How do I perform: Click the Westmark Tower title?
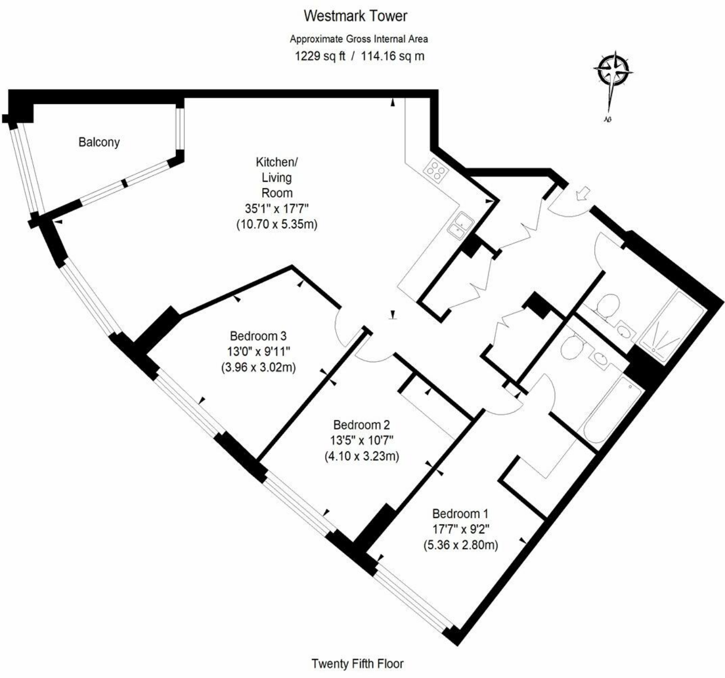pyautogui.click(x=355, y=16)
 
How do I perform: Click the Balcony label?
pyautogui.click(x=99, y=142)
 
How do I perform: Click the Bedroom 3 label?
pyautogui.click(x=258, y=336)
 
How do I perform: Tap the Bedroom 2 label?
pyautogui.click(x=361, y=425)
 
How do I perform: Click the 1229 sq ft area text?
pyautogui.click(x=321, y=56)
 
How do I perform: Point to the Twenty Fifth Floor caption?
pyautogui.click(x=357, y=664)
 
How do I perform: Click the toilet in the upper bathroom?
pyautogui.click(x=608, y=307)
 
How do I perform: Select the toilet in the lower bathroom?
pyautogui.click(x=571, y=347)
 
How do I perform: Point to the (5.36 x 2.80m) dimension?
pyautogui.click(x=460, y=545)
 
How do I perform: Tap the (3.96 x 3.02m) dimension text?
pyautogui.click(x=258, y=367)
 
